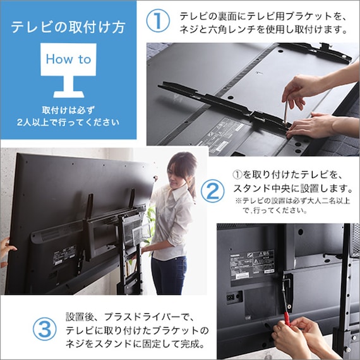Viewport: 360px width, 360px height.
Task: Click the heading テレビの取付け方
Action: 68,28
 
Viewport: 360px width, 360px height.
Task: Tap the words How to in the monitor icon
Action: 68,59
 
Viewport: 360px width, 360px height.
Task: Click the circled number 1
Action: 157,21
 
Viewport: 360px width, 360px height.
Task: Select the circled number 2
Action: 213,191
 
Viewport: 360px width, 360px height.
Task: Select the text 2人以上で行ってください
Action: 68,122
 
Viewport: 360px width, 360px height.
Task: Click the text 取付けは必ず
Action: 68,109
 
